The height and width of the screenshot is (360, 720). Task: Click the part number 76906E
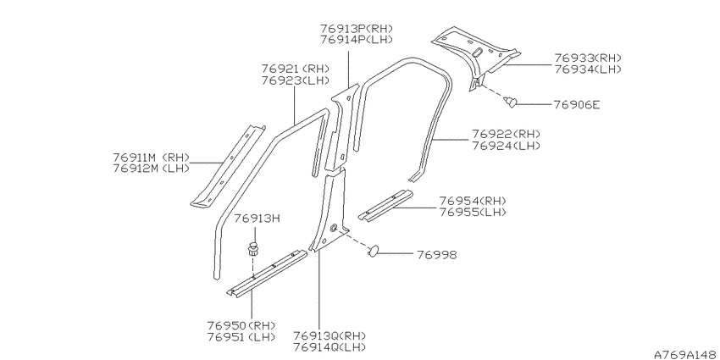tap(576, 105)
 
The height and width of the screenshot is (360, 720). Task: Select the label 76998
tap(437, 255)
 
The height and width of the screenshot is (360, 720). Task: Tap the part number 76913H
tap(258, 218)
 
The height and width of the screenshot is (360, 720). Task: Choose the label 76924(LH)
tap(506, 146)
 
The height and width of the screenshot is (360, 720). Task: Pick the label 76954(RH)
tap(473, 201)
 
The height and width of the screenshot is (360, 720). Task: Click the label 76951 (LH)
tap(241, 337)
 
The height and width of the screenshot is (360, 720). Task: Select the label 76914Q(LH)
tap(330, 346)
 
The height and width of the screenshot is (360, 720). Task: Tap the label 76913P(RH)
tap(357, 29)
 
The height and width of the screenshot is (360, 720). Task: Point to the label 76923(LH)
tap(296, 80)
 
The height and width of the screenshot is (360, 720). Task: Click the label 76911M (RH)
tap(151, 157)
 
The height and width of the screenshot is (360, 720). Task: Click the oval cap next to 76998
tap(373, 251)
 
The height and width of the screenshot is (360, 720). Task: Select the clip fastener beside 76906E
tap(510, 102)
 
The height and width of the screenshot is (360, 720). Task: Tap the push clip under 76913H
tap(252, 249)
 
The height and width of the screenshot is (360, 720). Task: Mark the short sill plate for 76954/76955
tap(385, 205)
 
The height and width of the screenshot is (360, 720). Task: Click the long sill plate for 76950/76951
tap(267, 274)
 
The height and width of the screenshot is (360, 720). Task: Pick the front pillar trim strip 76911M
tap(228, 166)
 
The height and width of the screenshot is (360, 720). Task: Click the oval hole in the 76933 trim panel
tap(477, 52)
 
